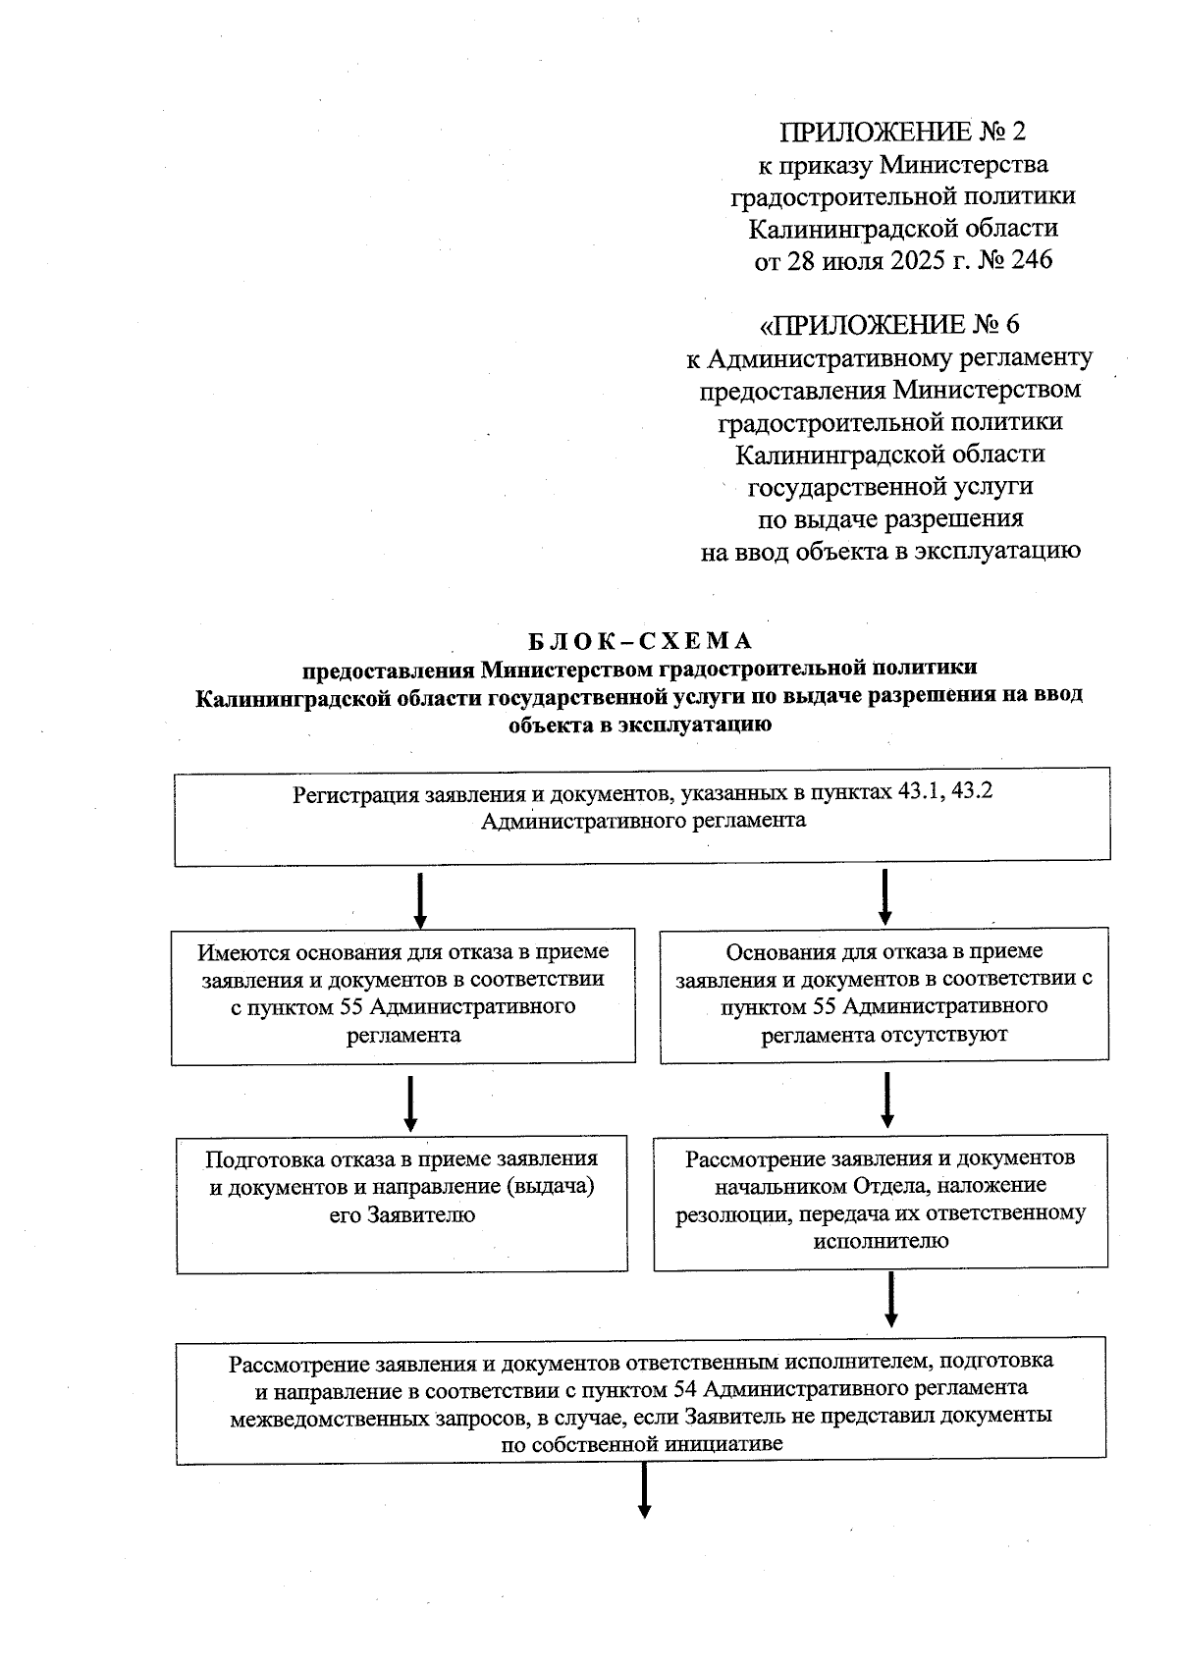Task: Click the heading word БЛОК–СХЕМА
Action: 640,641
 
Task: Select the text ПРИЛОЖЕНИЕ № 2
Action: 902,132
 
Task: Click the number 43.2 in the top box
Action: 972,792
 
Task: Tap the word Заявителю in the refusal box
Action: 421,1215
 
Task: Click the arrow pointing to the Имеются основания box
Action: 420,900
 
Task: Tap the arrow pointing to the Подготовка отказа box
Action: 410,1104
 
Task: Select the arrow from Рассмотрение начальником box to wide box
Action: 891,1300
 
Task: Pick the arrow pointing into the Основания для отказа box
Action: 884,897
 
